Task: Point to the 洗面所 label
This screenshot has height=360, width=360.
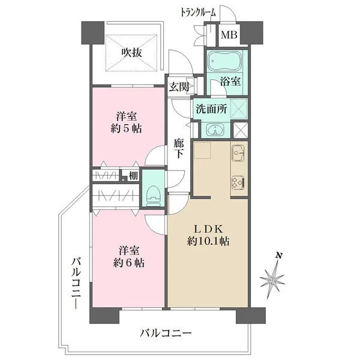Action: tap(209, 109)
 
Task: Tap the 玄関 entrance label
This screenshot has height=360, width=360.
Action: tap(179, 87)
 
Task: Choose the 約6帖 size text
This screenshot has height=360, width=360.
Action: tap(130, 262)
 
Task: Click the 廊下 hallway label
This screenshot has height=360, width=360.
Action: tap(179, 149)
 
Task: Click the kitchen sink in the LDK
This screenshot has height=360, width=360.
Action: tap(237, 154)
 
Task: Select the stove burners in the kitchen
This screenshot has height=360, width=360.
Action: tap(237, 181)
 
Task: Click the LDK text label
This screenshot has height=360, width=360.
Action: tap(208, 229)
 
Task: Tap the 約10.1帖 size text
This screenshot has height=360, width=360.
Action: tap(208, 241)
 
